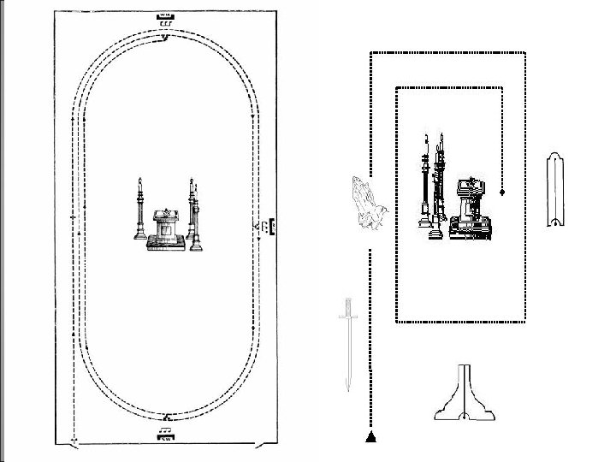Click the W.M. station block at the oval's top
click(165, 16)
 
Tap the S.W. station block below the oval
click(165, 435)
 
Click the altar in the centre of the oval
click(164, 229)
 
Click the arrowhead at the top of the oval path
click(165, 37)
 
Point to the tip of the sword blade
click(346, 389)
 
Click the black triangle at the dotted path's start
click(370, 437)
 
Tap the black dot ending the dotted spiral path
click(502, 192)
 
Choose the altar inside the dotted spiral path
click(469, 206)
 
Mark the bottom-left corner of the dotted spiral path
click(397, 322)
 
